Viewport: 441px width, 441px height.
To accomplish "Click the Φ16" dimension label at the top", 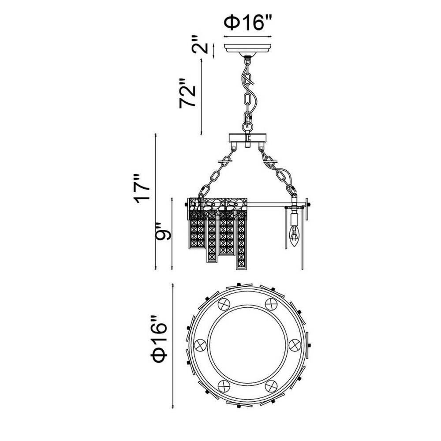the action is pyautogui.click(x=248, y=23).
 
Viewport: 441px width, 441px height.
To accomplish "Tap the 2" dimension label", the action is pyautogui.click(x=200, y=45).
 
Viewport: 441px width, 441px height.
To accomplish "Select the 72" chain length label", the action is pyautogui.click(x=187, y=93).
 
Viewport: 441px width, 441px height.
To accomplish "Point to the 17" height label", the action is pyautogui.click(x=142, y=188).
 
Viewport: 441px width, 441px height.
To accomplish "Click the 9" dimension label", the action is pyautogui.click(x=163, y=231).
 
